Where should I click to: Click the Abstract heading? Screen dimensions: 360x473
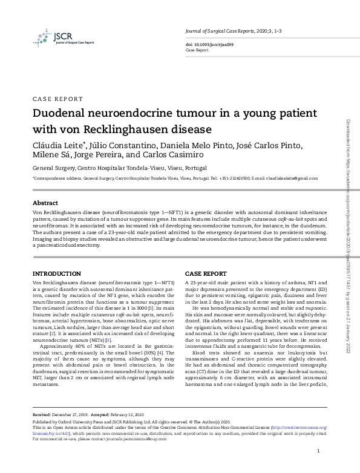tap(45, 203)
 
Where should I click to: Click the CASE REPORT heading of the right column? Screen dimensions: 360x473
tap(206, 274)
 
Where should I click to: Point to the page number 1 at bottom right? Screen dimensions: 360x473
tap(318, 452)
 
